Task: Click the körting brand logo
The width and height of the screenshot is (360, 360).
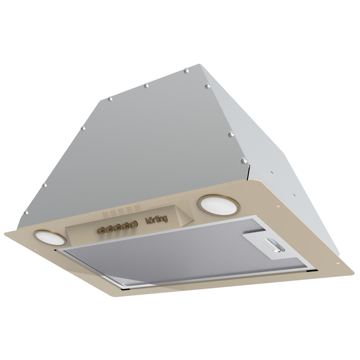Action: (157, 219)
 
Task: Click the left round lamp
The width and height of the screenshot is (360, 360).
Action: (50, 238)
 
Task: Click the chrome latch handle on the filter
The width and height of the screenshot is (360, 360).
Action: (275, 245)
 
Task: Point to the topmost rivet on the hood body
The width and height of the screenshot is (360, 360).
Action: (186, 71)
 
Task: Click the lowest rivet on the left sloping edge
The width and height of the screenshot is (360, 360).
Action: (26, 212)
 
